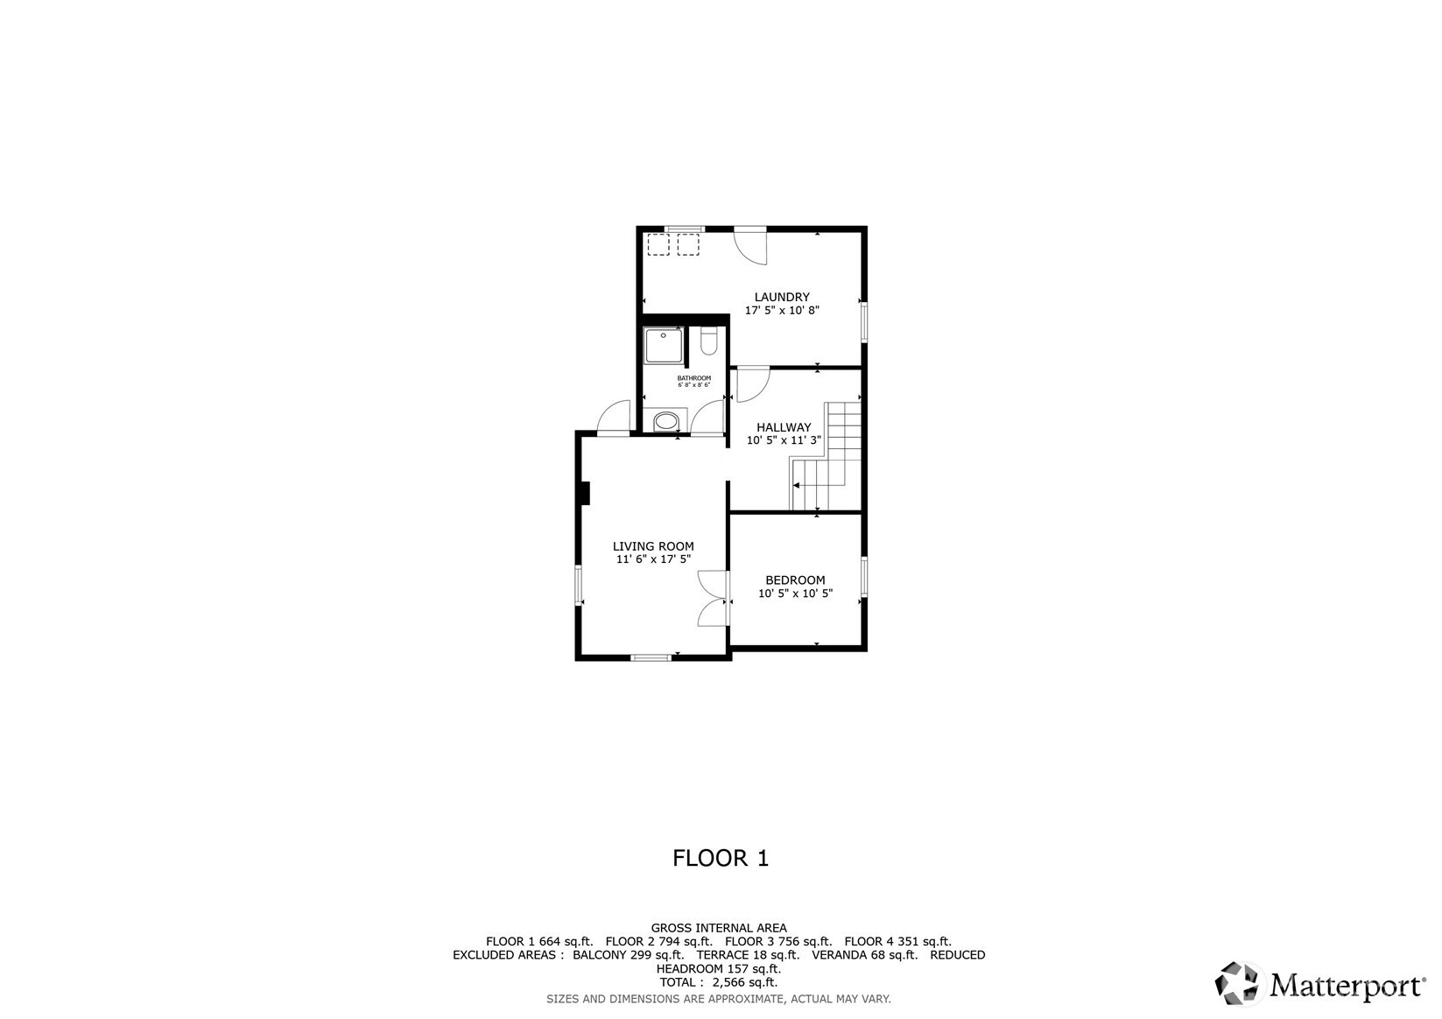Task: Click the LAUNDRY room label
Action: point(782,297)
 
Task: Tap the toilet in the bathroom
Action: point(709,341)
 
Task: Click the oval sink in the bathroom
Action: point(666,422)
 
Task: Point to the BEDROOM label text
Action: point(795,580)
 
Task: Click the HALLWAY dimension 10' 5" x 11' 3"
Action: point(784,440)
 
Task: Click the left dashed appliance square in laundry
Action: point(657,244)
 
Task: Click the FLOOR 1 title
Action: point(720,858)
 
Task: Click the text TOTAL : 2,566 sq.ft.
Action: point(718,982)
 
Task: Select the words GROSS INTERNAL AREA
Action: point(718,928)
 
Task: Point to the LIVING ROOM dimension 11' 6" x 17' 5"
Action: point(653,559)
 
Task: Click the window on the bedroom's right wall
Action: point(864,578)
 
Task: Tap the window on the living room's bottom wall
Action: point(651,657)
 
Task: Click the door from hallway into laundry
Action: point(750,383)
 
